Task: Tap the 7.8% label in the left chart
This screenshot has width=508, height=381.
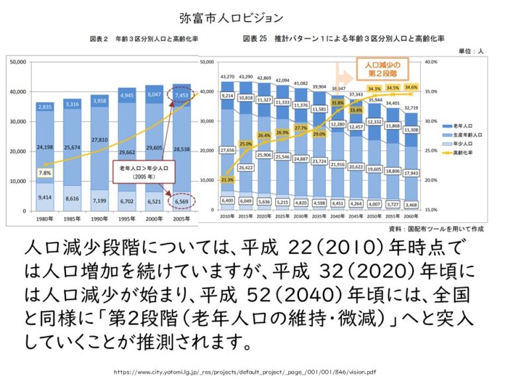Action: pyautogui.click(x=45, y=173)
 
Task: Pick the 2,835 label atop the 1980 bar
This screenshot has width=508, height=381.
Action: pyautogui.click(x=45, y=106)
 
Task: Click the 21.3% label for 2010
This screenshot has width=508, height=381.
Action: pyautogui.click(x=227, y=179)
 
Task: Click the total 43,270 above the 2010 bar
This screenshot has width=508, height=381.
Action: pyautogui.click(x=227, y=77)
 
